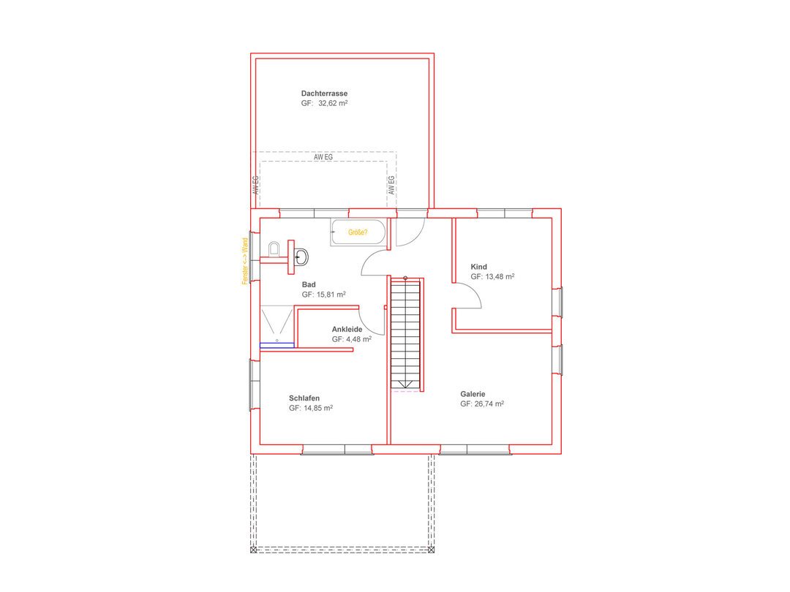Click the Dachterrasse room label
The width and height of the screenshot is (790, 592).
[x=324, y=93]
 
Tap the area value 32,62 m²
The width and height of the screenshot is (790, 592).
[x=333, y=103]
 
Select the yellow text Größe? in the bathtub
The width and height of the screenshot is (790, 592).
[x=358, y=232]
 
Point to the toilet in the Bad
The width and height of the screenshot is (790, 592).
[x=274, y=248]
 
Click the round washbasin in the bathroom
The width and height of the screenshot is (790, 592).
[x=301, y=257]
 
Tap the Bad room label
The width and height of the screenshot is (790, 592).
[x=309, y=285]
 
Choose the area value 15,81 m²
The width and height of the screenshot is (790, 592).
[x=331, y=295]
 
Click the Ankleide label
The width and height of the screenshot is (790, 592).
[x=347, y=329]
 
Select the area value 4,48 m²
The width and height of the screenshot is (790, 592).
[x=358, y=339]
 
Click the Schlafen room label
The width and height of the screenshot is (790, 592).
[x=304, y=398]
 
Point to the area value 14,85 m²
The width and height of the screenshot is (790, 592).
[x=318, y=409]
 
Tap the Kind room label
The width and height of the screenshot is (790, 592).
[x=478, y=267]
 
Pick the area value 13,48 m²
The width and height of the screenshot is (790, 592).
[x=500, y=277]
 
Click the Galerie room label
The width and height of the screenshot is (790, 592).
[x=473, y=394]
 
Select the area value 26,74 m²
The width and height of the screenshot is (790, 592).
[x=489, y=403]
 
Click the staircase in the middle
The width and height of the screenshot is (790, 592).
[x=405, y=333]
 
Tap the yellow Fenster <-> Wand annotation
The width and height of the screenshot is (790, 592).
[x=245, y=261]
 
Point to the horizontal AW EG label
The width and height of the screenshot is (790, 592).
[x=323, y=157]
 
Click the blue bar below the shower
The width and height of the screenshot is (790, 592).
[x=276, y=345]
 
